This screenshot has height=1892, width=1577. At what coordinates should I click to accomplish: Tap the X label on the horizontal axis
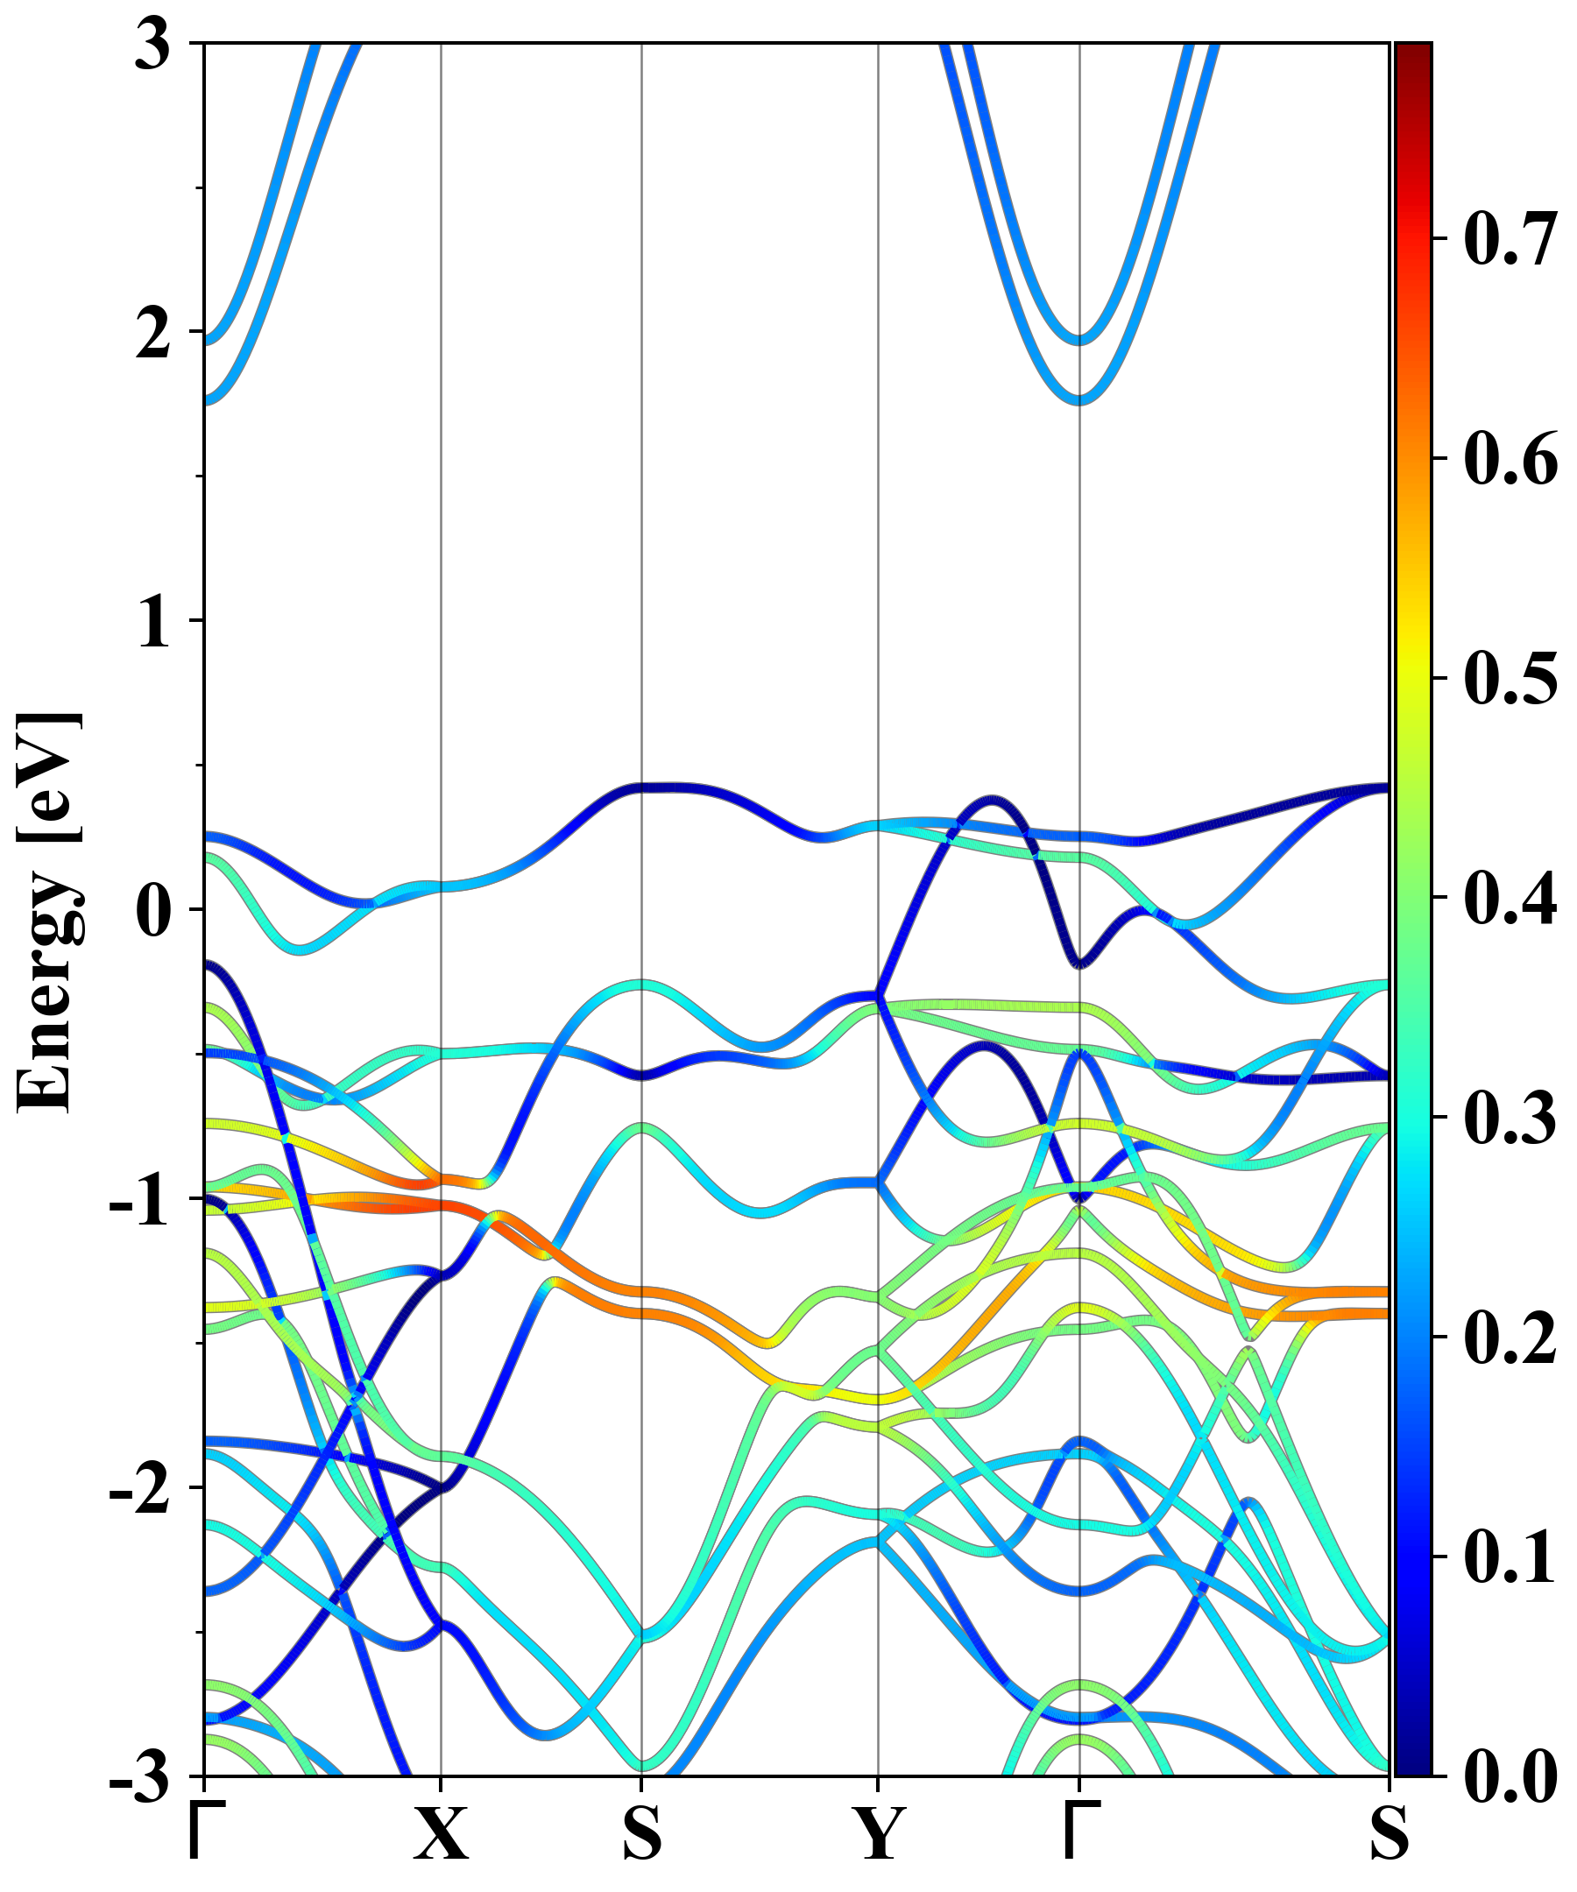[x=441, y=1833]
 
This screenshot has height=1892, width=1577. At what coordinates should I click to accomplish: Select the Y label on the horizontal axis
[x=878, y=1833]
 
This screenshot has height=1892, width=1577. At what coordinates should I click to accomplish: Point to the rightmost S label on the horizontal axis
[x=1389, y=1833]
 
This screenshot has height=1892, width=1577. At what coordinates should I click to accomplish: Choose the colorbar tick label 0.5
[x=1510, y=679]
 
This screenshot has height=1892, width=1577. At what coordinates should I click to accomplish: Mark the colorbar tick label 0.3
[x=1510, y=1118]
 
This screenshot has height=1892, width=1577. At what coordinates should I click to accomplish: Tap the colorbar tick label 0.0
[x=1510, y=1776]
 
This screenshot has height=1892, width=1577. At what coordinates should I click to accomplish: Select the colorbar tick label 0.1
[x=1510, y=1557]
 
